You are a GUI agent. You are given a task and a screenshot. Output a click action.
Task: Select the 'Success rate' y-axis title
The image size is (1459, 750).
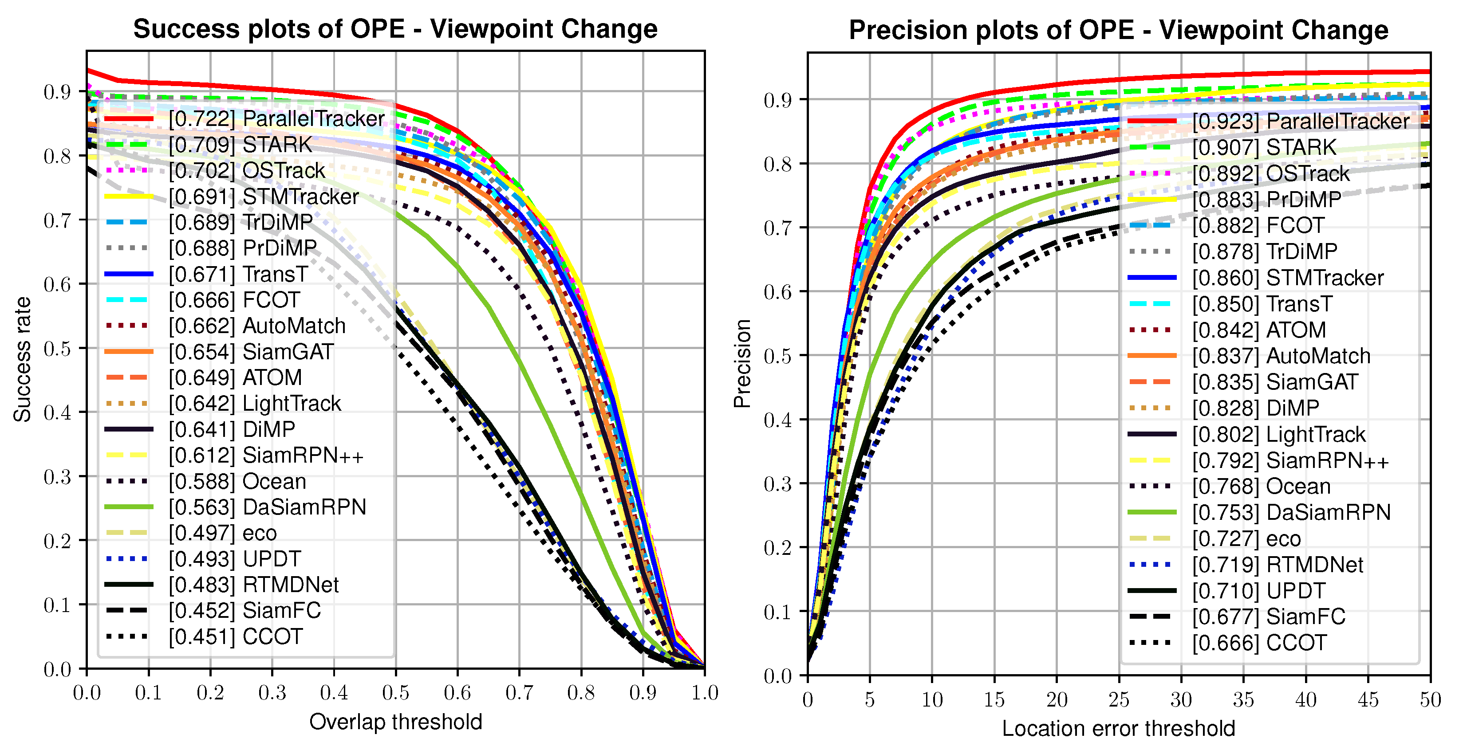pyautogui.click(x=22, y=359)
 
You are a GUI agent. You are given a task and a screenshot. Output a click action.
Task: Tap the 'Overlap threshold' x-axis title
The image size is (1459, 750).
pyautogui.click(x=395, y=722)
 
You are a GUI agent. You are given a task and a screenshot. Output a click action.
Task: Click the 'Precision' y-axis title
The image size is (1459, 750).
pyautogui.click(x=742, y=363)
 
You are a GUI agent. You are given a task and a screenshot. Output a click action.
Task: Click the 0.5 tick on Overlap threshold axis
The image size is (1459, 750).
pyautogui.click(x=395, y=692)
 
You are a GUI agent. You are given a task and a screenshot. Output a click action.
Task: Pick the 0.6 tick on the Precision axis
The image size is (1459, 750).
pyautogui.click(x=777, y=292)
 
